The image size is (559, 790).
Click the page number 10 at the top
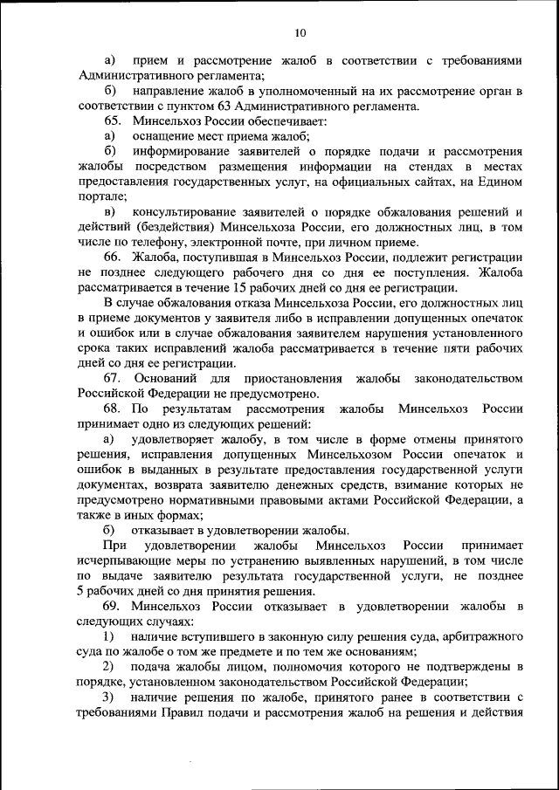[300, 33]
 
